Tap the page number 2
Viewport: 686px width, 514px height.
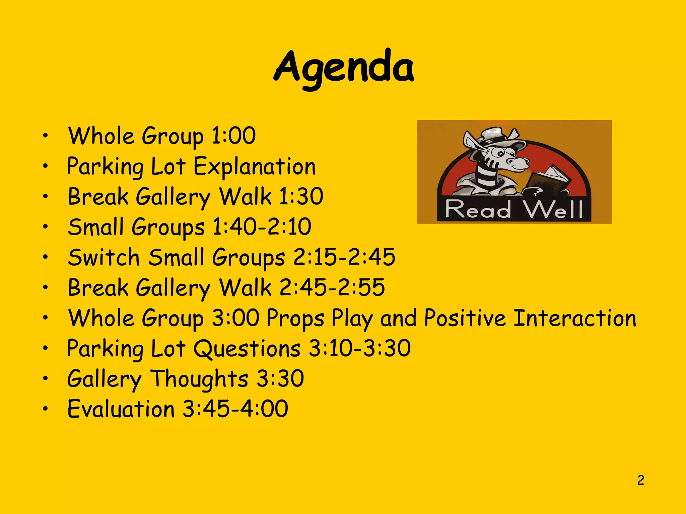click(641, 480)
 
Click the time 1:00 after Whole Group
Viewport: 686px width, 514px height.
click(233, 136)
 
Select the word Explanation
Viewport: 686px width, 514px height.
click(255, 166)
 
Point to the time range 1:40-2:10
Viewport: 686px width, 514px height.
click(262, 227)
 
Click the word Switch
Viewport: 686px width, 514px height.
click(104, 257)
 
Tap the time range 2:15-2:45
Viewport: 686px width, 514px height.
click(344, 257)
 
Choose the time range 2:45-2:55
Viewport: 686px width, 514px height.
click(332, 287)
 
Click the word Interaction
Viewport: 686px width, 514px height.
click(574, 318)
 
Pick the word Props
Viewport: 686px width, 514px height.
click(295, 319)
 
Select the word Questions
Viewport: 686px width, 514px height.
click(247, 349)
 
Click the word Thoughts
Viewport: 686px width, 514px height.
click(199, 379)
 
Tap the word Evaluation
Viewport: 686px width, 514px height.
click(121, 409)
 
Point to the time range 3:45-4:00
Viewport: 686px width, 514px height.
click(235, 409)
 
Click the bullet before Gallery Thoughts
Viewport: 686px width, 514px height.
click(45, 378)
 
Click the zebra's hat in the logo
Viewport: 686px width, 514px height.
click(496, 136)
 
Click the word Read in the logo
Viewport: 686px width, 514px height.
click(478, 209)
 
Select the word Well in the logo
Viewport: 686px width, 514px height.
click(553, 209)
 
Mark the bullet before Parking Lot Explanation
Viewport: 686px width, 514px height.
click(45, 166)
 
